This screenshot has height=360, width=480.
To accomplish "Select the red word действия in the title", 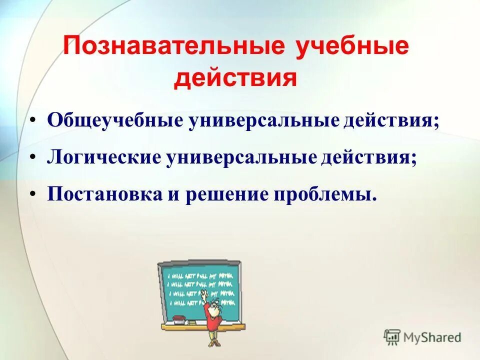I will (235, 79).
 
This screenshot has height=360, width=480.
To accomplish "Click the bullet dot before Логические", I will (32, 158).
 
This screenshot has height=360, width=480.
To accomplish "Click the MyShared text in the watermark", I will (433, 337).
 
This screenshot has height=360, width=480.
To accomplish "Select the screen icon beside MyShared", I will (392, 337).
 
